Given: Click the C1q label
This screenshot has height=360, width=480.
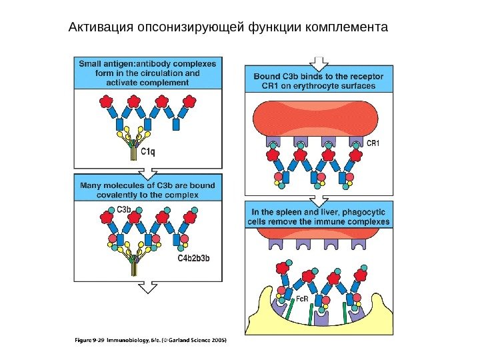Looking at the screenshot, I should click(x=149, y=152).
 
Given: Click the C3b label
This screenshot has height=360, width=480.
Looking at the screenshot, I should click(x=125, y=209).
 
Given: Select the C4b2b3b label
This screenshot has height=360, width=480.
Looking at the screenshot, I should click(x=194, y=258).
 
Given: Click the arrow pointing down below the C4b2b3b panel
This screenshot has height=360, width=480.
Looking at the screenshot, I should click(x=147, y=287).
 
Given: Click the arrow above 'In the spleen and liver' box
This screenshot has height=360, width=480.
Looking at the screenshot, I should click(x=319, y=199).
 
